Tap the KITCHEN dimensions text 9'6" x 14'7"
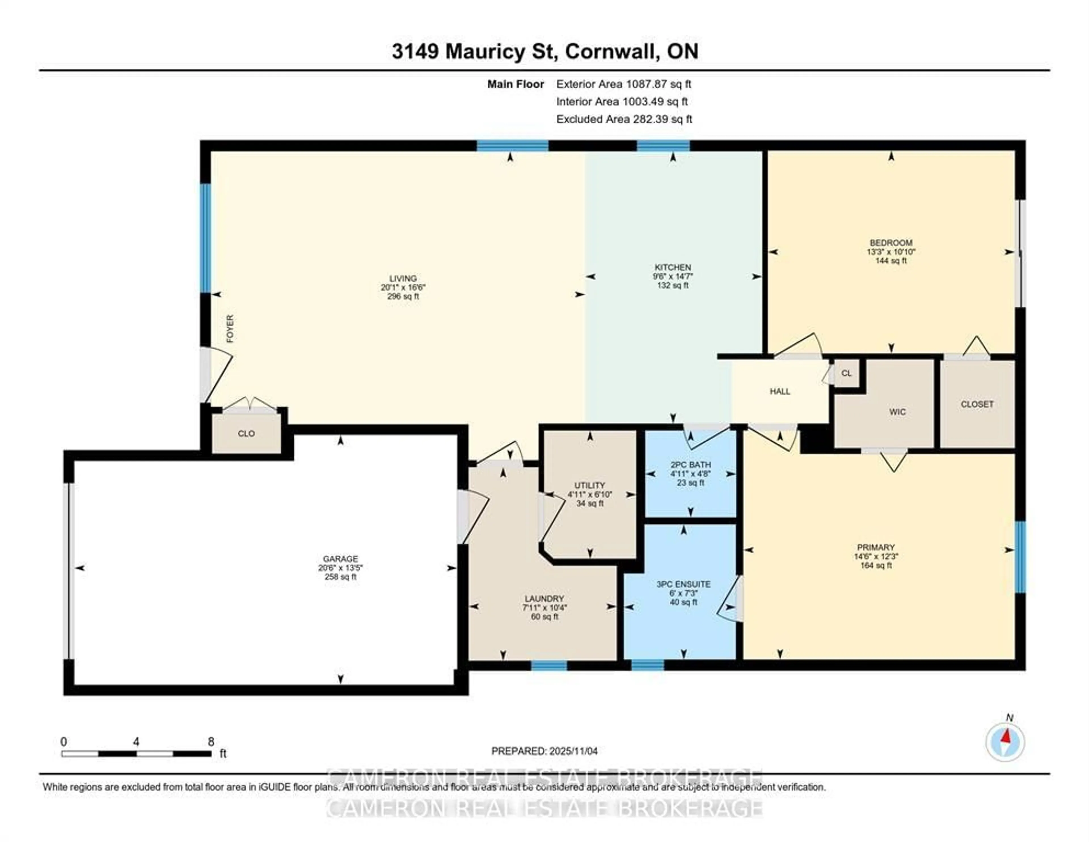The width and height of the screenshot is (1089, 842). (x=673, y=276)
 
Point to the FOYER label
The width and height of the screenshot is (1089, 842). (x=230, y=329)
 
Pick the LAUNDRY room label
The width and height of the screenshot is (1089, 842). (x=544, y=599)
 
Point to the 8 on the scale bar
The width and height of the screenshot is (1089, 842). (x=211, y=741)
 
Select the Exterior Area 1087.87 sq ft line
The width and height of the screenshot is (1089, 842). (x=623, y=84)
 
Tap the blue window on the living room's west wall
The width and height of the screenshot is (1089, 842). (x=205, y=238)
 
